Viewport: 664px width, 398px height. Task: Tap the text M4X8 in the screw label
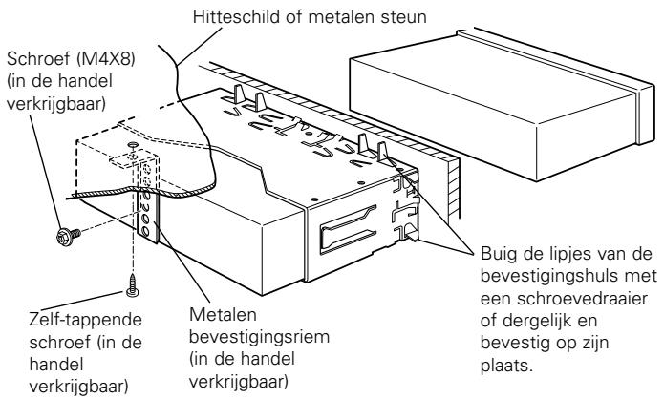[x=104, y=59]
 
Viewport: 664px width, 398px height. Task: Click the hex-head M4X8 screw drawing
[x=68, y=236]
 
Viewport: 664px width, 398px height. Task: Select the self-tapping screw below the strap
[x=133, y=285]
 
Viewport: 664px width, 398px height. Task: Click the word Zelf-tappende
[x=86, y=320]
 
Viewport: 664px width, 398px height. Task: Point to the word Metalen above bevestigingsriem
[x=223, y=315]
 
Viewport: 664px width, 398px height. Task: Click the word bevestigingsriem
[x=259, y=337]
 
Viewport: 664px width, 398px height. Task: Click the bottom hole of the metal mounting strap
[x=145, y=231]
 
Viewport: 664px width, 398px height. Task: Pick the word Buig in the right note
[x=497, y=255]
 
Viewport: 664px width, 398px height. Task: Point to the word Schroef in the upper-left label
[x=38, y=59]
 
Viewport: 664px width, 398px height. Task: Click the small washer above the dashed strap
[x=132, y=144]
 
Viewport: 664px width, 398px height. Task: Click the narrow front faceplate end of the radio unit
[x=645, y=114]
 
